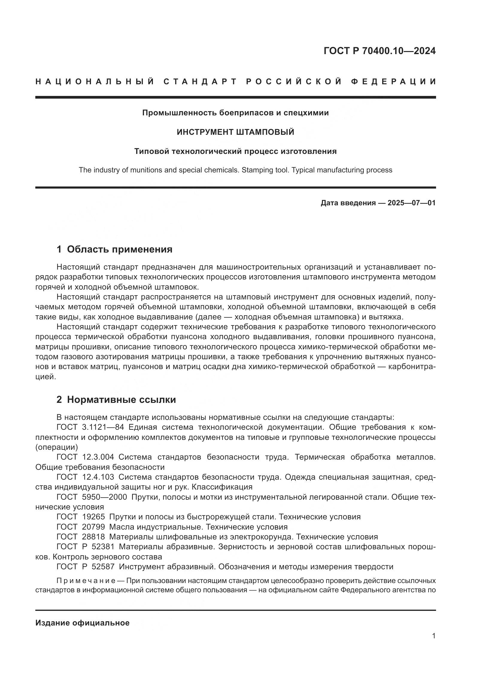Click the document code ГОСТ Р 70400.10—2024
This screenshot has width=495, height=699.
[x=379, y=51]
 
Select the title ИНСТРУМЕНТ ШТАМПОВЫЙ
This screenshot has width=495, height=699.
[x=235, y=132]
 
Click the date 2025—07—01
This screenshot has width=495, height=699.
[x=412, y=203]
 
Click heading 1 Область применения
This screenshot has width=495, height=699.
[x=114, y=249]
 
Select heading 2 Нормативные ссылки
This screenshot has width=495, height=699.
[x=116, y=400]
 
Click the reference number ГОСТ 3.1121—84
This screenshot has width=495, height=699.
[x=90, y=427]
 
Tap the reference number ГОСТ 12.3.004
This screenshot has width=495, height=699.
[x=85, y=457]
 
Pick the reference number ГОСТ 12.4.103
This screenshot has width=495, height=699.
[x=85, y=477]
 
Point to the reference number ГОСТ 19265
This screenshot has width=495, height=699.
[x=81, y=517]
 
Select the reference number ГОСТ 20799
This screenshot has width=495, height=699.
[x=81, y=527]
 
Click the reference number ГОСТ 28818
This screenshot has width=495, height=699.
[x=81, y=537]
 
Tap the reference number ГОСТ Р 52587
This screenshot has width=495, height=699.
[x=85, y=567]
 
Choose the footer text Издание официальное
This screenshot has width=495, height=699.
[x=82, y=623]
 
